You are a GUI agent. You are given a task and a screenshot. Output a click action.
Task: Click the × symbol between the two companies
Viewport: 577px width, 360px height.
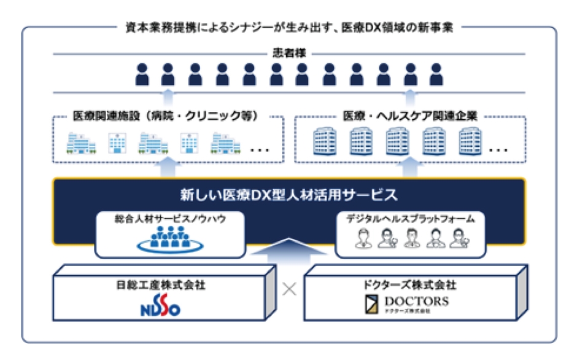click(x=289, y=289)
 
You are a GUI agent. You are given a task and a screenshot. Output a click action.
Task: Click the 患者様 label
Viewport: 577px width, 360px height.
click(x=288, y=53)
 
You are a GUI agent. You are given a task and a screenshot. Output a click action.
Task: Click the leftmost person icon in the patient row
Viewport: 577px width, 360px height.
click(x=142, y=75)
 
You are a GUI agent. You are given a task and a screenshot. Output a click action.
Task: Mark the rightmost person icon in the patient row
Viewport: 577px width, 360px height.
click(x=435, y=75)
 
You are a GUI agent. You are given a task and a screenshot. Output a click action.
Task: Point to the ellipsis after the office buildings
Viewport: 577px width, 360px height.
click(x=498, y=149)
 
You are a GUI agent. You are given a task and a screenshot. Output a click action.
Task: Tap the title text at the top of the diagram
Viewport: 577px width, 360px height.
click(x=288, y=27)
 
